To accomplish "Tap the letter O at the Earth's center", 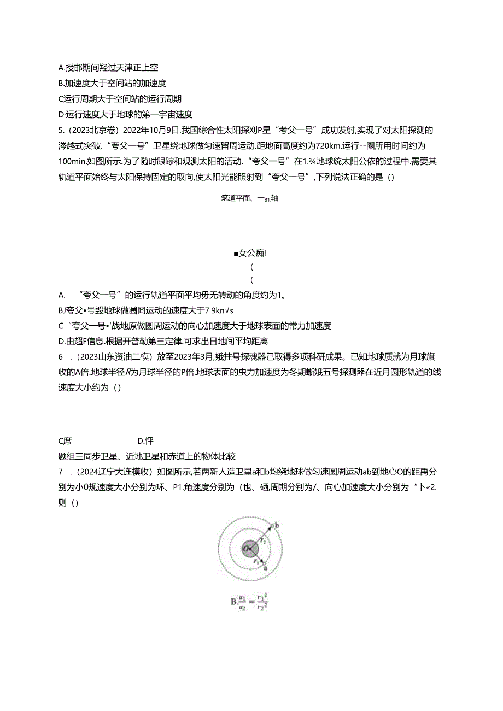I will coord(247,548).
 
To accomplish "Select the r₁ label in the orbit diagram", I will coord(255,560).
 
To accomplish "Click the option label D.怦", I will coord(145,440).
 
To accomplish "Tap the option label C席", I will coord(65,440).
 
